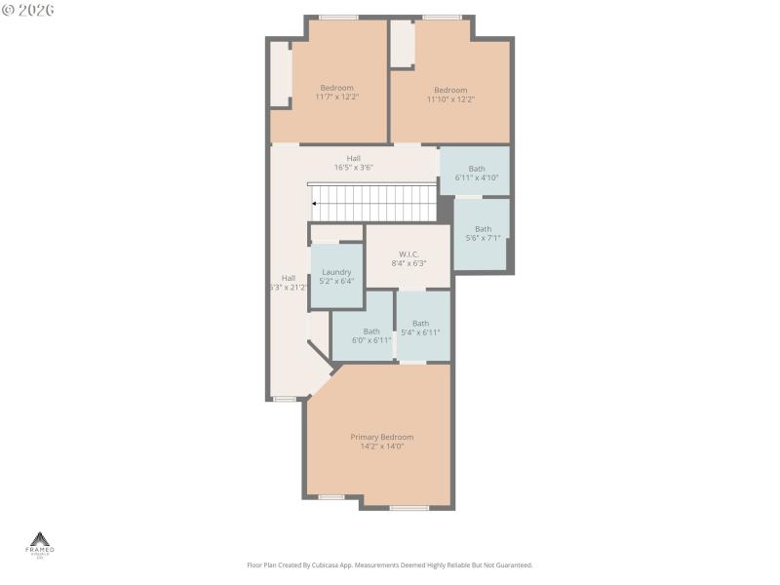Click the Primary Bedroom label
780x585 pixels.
pyautogui.click(x=382, y=437)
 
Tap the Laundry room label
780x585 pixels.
pyautogui.click(x=336, y=272)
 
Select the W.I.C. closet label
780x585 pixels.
pyautogui.click(x=409, y=253)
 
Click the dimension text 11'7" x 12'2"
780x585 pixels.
pyautogui.click(x=336, y=97)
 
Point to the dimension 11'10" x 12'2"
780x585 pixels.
pyautogui.click(x=450, y=99)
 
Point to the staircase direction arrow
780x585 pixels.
pyautogui.click(x=314, y=204)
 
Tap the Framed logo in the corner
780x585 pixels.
pyautogui.click(x=40, y=544)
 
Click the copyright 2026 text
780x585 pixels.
pyautogui.click(x=28, y=10)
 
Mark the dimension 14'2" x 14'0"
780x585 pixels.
pyautogui.click(x=382, y=447)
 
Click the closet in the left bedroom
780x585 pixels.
pyautogui.click(x=280, y=74)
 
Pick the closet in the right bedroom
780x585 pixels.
pyautogui.click(x=402, y=44)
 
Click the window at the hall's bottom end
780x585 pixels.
pyautogui.click(x=284, y=399)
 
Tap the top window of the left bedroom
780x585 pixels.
pyautogui.click(x=338, y=17)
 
